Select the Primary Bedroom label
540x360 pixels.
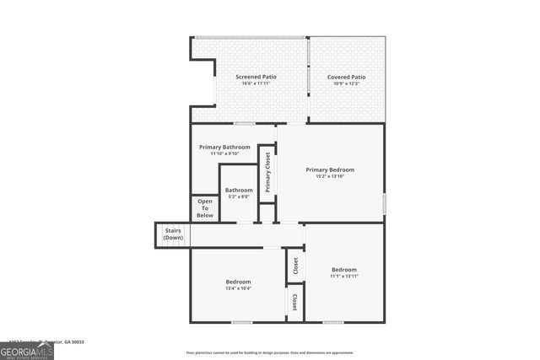pyautogui.click(x=330, y=169)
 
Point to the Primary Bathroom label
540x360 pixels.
pyautogui.click(x=224, y=147)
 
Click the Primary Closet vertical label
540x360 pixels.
pyautogui.click(x=267, y=172)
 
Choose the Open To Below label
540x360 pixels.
pyautogui.click(x=205, y=208)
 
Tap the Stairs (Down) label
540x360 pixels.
pyautogui.click(x=173, y=234)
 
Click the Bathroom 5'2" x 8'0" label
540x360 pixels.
pyautogui.click(x=239, y=191)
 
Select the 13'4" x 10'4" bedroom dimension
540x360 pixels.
pyautogui.click(x=238, y=288)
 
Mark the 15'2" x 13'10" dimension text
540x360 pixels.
pyautogui.click(x=330, y=176)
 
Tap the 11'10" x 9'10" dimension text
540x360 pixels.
pyautogui.click(x=224, y=153)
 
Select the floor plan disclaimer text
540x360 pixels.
pyautogui.click(x=270, y=352)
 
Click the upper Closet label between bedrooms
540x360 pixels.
pyautogui.click(x=295, y=266)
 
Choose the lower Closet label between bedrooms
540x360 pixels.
pyautogui.click(x=294, y=302)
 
